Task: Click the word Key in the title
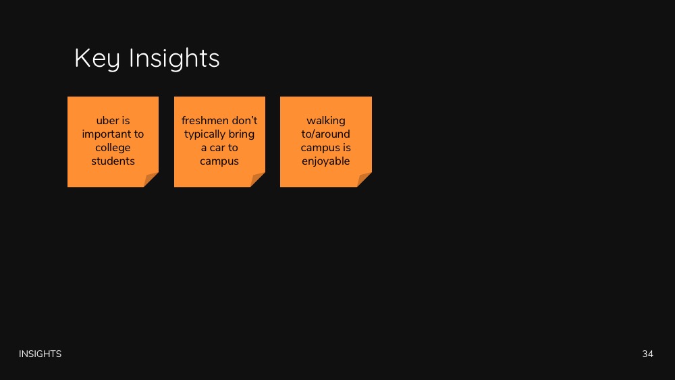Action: [97, 59]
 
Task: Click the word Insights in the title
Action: [174, 58]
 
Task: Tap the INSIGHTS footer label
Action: [40, 354]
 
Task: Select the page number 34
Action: [647, 354]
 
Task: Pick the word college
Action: [113, 148]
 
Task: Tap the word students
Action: [113, 161]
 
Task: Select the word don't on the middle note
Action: [244, 121]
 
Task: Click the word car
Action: [217, 148]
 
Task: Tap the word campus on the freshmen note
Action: [219, 161]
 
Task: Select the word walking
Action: [326, 121]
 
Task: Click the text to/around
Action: [325, 134]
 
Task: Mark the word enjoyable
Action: [326, 161]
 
